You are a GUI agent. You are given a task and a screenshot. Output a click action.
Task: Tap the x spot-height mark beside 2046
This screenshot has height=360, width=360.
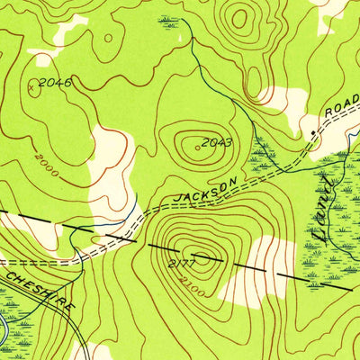[x=33, y=88]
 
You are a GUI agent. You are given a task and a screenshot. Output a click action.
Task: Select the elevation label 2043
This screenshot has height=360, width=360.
[x=218, y=142]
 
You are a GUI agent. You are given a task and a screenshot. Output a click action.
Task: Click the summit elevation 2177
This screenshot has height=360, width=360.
[x=181, y=262]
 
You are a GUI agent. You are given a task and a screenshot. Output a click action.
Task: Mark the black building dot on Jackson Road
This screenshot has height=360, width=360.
[x=312, y=132]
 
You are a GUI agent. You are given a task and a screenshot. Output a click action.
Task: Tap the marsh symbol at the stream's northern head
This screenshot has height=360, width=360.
[x=169, y=20]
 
